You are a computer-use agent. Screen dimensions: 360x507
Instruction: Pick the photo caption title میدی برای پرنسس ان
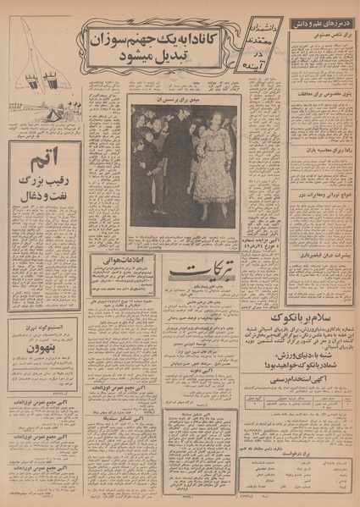185,100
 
